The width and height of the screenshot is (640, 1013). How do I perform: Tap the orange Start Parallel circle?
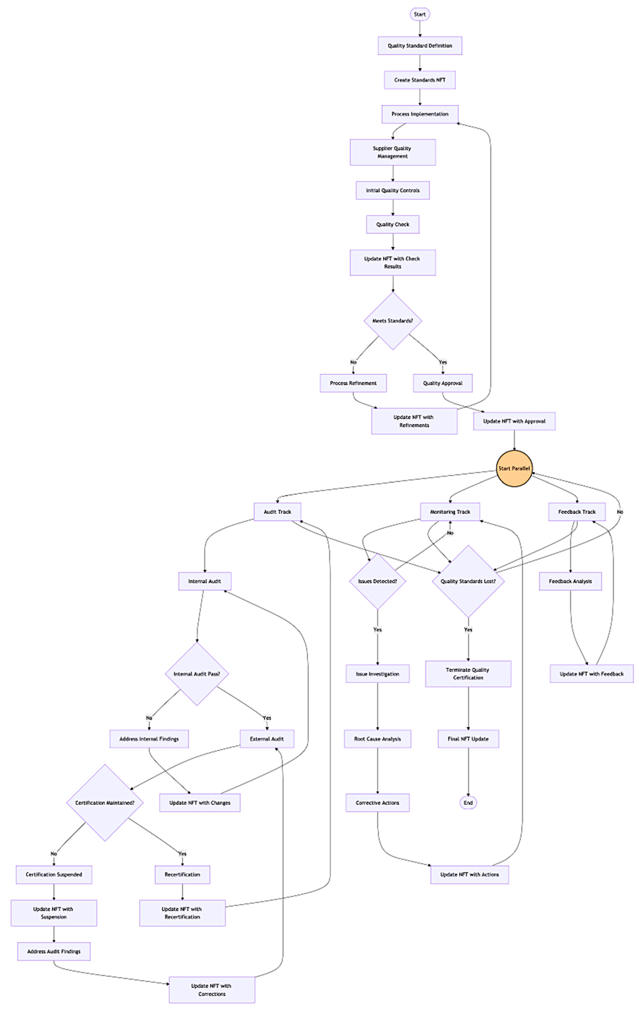pos(514,468)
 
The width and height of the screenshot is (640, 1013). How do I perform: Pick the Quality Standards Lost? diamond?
pos(468,581)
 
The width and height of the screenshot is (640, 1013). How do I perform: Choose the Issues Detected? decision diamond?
pos(377,581)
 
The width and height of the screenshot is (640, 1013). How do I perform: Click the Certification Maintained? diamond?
pos(105,803)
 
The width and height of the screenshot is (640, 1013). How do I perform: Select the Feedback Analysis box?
pos(570,581)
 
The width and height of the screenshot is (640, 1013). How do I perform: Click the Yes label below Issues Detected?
pos(377,630)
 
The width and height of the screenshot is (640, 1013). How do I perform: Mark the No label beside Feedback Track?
pos(620,512)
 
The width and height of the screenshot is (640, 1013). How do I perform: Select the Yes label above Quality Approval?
pos(443,362)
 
